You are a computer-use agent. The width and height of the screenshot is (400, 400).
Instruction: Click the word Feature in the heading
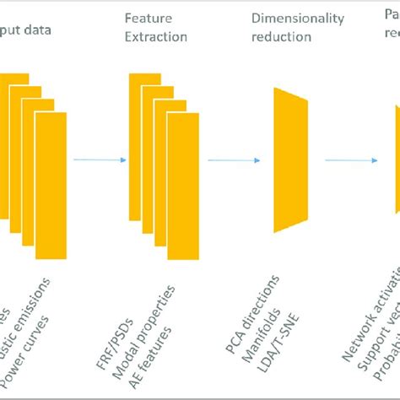coord(143,18)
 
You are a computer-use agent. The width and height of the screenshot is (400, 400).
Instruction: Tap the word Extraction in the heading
coord(155,36)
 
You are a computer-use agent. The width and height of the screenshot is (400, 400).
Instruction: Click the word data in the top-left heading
coord(36,30)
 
